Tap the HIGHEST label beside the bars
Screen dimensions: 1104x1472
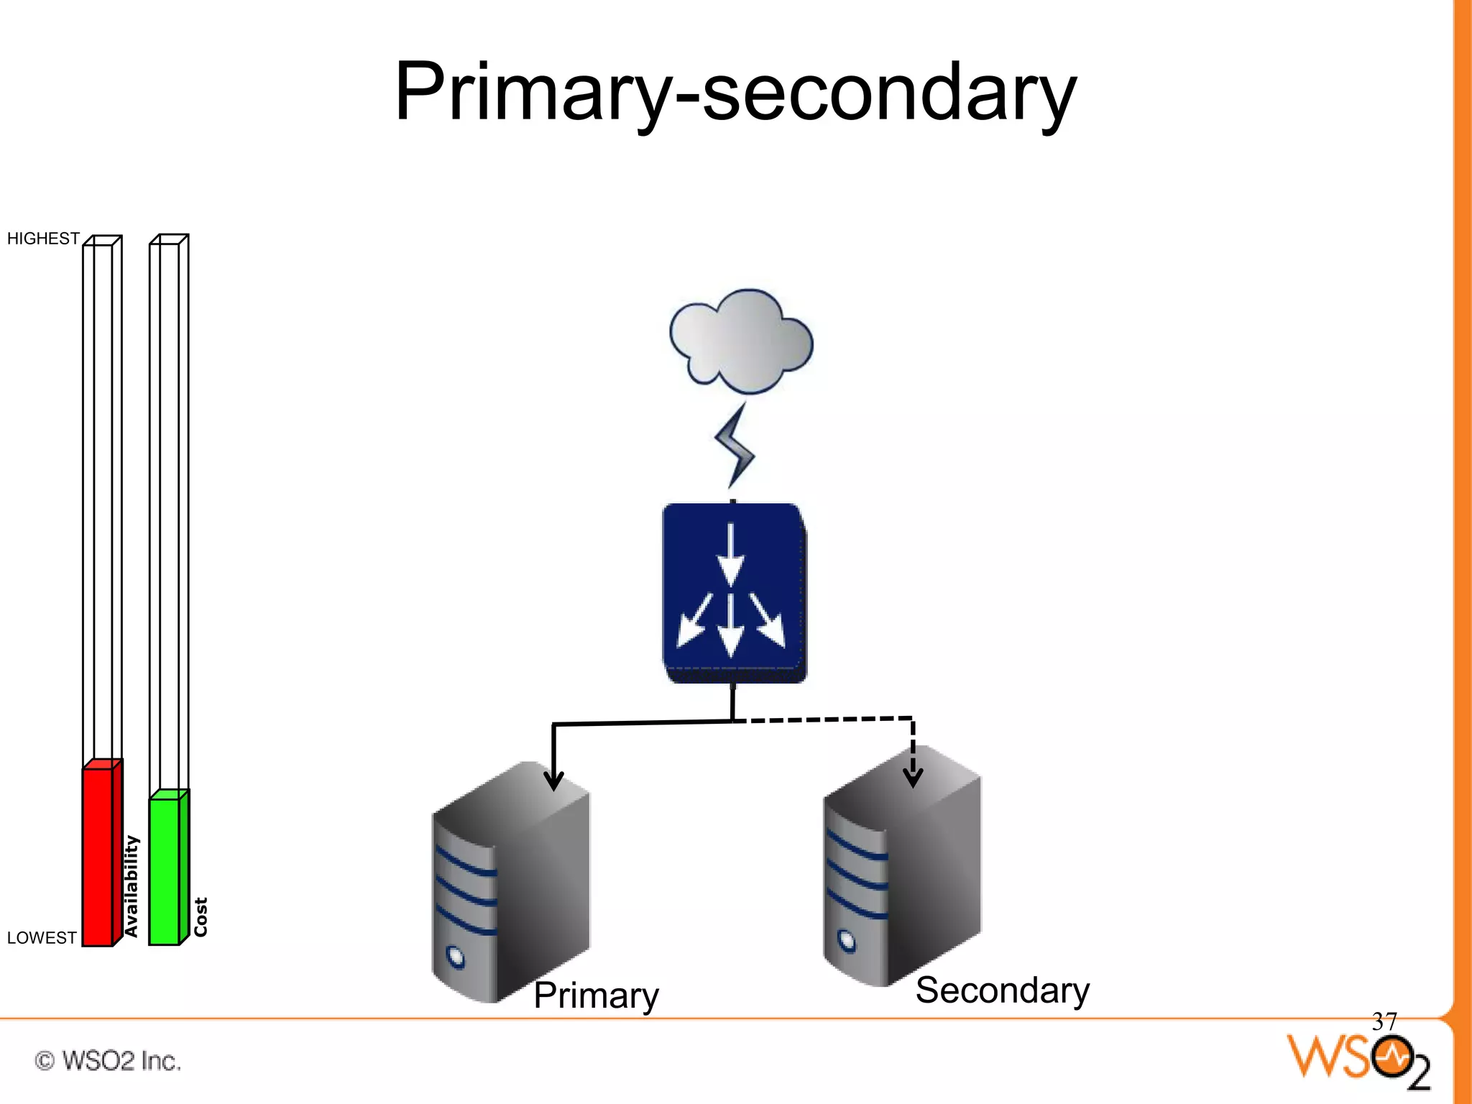pyautogui.click(x=43, y=239)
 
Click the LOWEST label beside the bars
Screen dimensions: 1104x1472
pyautogui.click(x=42, y=938)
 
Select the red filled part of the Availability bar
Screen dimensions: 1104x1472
pyautogui.click(x=98, y=855)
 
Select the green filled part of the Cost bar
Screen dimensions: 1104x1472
pyautogui.click(x=165, y=870)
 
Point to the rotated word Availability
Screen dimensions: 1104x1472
pyautogui.click(x=131, y=886)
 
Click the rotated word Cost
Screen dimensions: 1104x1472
pyautogui.click(x=201, y=917)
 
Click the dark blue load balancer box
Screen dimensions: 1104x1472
pyautogui.click(x=733, y=593)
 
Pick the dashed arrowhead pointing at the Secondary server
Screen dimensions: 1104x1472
pyautogui.click(x=913, y=777)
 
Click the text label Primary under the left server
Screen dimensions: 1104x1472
pyautogui.click(x=596, y=995)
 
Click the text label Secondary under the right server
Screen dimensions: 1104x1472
pyautogui.click(x=1002, y=990)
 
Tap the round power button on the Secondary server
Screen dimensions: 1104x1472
pyautogui.click(x=847, y=941)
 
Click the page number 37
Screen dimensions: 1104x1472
pyautogui.click(x=1384, y=1021)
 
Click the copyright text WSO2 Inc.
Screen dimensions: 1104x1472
pyautogui.click(x=108, y=1061)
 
